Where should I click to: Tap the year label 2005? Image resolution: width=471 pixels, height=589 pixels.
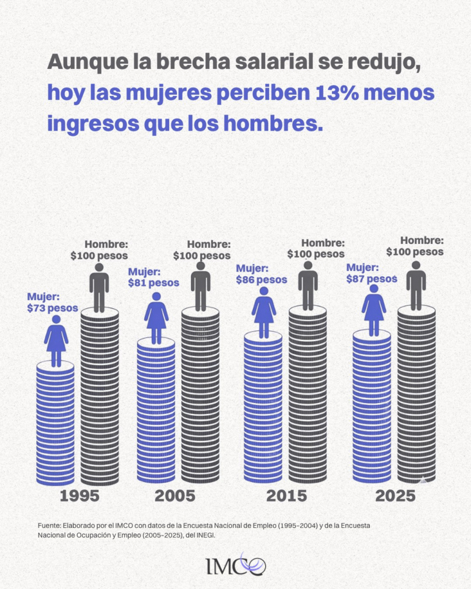(x=174, y=496)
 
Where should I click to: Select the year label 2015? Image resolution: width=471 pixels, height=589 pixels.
(x=286, y=496)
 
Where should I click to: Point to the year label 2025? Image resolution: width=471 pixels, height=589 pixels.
(x=395, y=496)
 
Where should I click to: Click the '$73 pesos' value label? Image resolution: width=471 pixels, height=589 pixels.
(x=52, y=308)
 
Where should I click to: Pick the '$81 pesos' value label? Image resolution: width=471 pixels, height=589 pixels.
(x=154, y=283)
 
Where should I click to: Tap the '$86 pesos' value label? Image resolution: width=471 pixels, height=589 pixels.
(x=261, y=280)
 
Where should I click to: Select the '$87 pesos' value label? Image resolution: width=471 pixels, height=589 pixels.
(x=372, y=278)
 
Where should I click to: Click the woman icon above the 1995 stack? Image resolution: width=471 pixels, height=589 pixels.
(x=56, y=341)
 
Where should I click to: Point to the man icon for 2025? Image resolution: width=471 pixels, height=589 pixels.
(x=416, y=285)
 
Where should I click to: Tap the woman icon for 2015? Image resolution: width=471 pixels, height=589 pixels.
(x=264, y=312)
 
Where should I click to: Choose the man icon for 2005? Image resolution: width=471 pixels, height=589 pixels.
(x=200, y=286)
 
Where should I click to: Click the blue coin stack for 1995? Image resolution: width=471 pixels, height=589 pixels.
(x=55, y=423)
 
